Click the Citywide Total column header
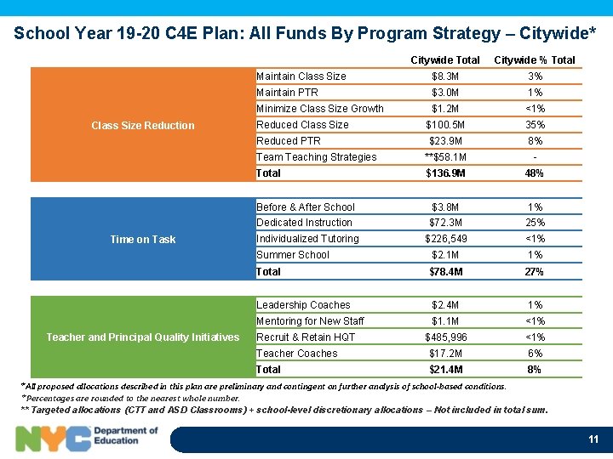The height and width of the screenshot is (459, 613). (444, 59)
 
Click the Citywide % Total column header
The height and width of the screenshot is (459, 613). (535, 59)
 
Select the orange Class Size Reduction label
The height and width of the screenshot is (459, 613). (142, 125)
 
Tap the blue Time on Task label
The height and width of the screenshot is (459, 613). (142, 239)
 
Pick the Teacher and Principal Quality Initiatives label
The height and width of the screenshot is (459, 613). (142, 337)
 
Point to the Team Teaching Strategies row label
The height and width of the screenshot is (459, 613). (316, 157)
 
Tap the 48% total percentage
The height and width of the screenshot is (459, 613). (535, 173)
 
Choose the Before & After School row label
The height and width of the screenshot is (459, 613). (305, 207)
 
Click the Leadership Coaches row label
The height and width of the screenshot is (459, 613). (303, 305)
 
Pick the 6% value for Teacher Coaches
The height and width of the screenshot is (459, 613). (535, 354)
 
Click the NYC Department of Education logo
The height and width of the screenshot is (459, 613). (88, 437)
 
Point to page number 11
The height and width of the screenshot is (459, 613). (593, 439)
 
